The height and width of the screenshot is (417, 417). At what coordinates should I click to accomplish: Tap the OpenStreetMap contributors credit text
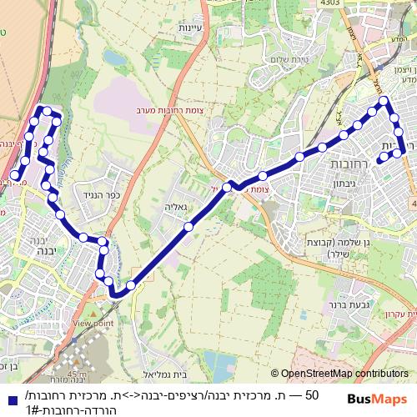[x=344, y=374]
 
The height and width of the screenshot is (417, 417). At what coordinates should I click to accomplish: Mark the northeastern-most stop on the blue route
[x=384, y=103]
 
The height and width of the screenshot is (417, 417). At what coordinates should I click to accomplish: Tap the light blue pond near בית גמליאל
[x=219, y=363]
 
